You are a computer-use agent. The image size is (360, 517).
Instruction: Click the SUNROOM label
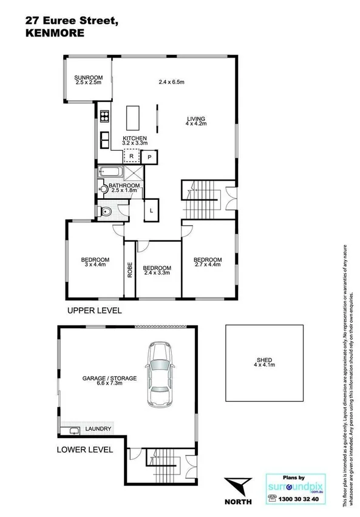[89, 78]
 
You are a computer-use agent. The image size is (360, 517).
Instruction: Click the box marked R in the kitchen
[131, 156]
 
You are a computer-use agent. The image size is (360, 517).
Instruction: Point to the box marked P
[149, 157]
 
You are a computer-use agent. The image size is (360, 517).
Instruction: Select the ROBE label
[130, 269]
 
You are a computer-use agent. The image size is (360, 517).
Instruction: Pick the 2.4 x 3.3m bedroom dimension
[157, 273]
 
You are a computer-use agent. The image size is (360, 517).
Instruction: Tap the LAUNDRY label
[98, 429]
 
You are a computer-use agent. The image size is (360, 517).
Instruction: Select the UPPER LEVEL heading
[95, 310]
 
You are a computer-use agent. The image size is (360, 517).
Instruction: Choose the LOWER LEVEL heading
[85, 450]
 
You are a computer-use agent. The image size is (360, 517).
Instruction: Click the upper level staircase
[202, 202]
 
